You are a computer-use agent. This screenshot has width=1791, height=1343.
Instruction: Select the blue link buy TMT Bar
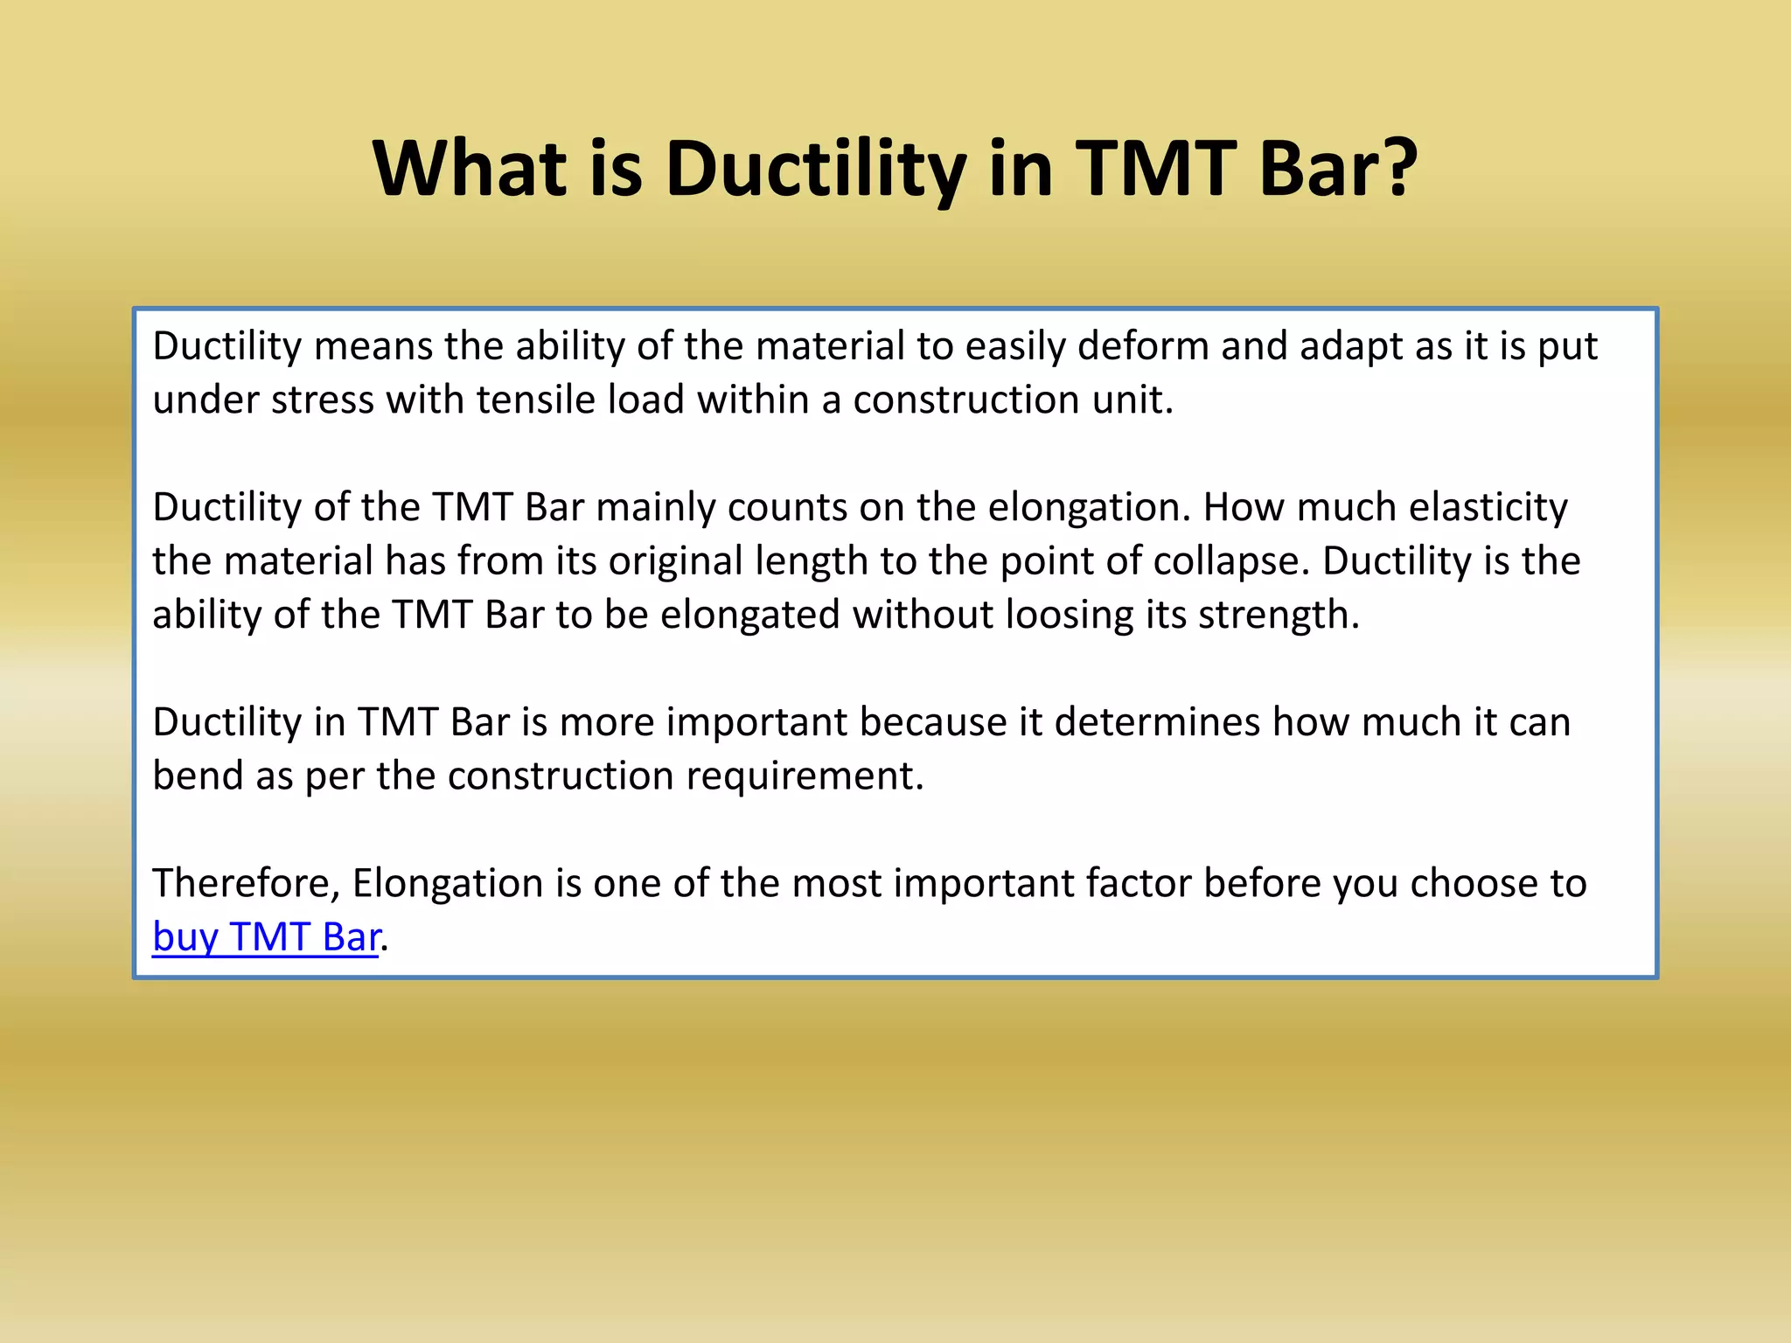coord(267,937)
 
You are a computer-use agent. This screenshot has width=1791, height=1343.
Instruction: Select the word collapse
coord(1232,561)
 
